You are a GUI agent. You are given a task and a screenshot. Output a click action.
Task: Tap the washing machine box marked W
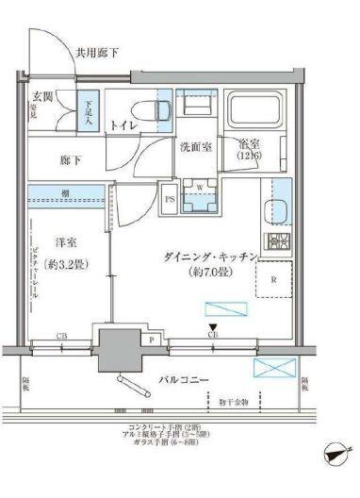point(201,187)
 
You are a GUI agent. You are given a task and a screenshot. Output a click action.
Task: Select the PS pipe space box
point(171,200)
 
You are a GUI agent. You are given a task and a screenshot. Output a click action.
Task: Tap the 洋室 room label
point(65,242)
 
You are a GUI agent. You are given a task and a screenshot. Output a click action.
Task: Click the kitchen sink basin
point(281,208)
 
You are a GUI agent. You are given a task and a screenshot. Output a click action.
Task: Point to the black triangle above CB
point(214,325)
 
